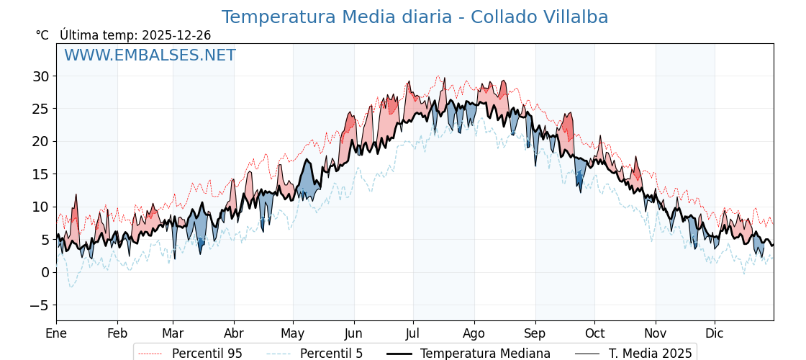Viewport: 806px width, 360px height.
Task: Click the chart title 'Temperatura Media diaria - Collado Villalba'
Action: (415, 17)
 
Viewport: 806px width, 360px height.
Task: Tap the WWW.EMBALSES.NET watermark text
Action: (150, 55)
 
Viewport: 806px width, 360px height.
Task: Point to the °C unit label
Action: (42, 35)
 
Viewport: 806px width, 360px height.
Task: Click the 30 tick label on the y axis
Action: (40, 76)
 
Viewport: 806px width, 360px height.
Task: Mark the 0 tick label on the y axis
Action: (45, 272)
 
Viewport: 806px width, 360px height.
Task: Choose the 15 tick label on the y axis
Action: (40, 174)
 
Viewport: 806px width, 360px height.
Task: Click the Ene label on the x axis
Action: (56, 333)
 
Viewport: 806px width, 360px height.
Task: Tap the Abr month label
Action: (234, 333)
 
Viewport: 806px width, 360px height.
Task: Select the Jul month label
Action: (413, 333)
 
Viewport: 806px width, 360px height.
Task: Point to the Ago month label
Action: (474, 333)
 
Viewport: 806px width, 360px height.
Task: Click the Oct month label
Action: (594, 333)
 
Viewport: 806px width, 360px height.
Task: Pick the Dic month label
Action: (715, 333)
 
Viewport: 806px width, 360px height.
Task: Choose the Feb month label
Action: (117, 333)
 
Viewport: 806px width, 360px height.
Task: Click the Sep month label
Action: (535, 333)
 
